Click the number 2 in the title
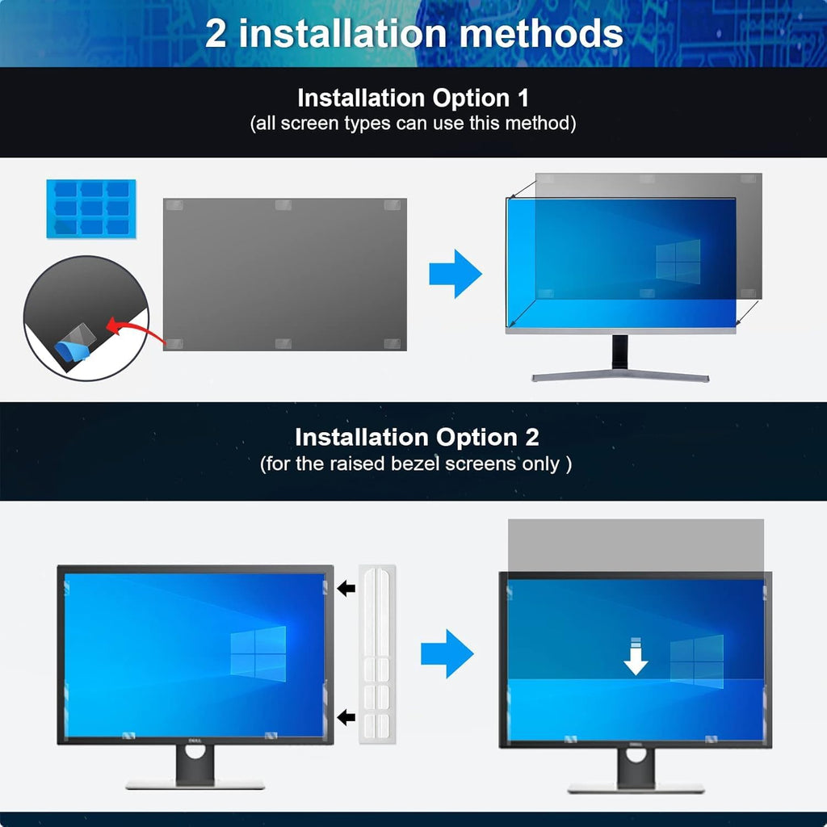coord(216,34)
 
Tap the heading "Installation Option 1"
coord(413,99)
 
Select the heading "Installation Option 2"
coord(416,438)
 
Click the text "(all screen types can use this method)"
coord(413,124)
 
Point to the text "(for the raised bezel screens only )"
coord(416,464)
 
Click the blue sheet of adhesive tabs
coord(90,208)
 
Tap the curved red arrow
coord(129,331)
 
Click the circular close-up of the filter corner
coord(85,317)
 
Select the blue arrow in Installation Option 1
coord(454,274)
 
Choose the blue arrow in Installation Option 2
coord(446,653)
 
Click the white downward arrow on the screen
coord(636,657)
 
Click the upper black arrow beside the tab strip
coord(346,588)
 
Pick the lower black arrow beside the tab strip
coord(346,717)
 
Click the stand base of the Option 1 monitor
coord(619,375)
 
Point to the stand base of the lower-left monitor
coord(195,783)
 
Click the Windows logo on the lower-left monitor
coord(258,652)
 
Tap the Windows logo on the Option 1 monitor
coord(677,262)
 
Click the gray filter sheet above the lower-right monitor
coord(636,545)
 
